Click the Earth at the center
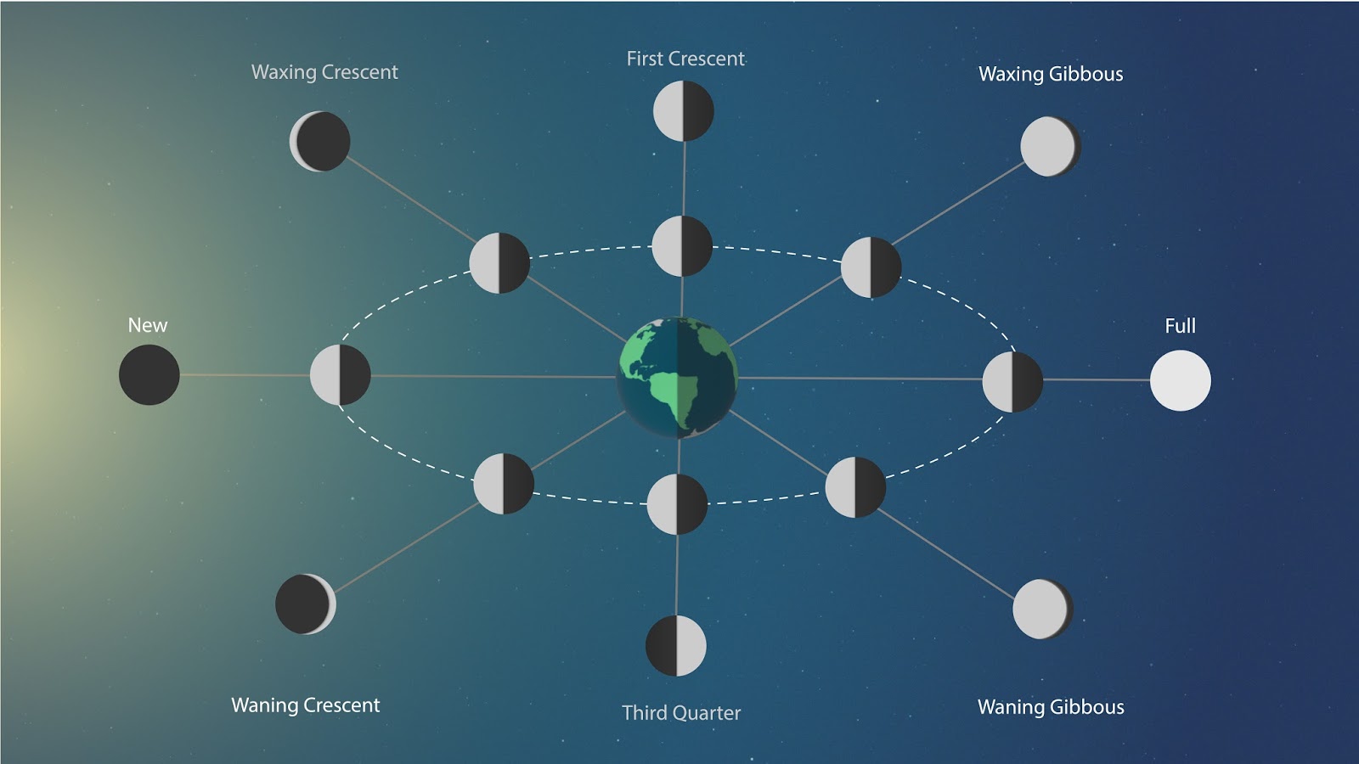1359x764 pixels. click(677, 378)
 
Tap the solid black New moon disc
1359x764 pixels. click(149, 374)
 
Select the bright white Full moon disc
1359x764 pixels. click(1181, 380)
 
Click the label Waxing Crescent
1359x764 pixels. click(324, 72)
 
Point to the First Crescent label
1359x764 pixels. click(685, 59)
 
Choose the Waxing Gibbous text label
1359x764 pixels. click(1051, 74)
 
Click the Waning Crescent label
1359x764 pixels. click(306, 705)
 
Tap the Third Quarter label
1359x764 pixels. click(681, 713)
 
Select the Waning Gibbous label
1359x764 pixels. click(1051, 707)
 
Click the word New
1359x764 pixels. click(148, 325)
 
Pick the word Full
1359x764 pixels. click(1180, 326)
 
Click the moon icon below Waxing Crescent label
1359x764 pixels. click(320, 141)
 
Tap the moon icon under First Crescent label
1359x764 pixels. click(684, 111)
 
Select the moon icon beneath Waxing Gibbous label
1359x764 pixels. click(1051, 146)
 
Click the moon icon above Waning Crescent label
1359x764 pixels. click(306, 604)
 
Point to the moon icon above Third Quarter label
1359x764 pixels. click(676, 646)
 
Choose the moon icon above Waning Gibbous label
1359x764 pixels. click(1043, 609)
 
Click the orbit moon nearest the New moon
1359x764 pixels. click(341, 374)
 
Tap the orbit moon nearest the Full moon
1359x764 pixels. click(1012, 382)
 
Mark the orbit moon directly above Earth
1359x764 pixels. click(682, 246)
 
